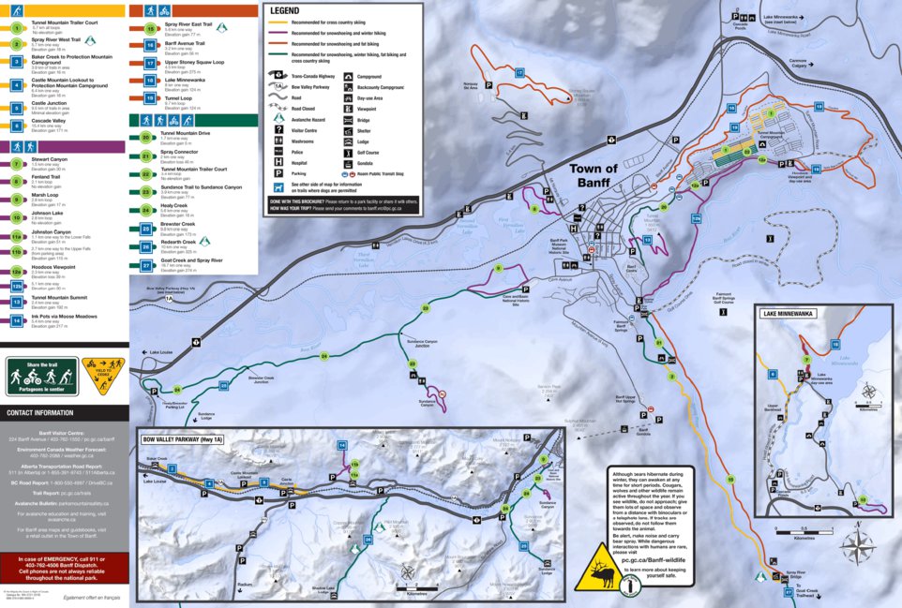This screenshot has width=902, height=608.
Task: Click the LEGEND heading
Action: [x=284, y=10]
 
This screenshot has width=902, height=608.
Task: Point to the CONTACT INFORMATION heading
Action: [x=40, y=412]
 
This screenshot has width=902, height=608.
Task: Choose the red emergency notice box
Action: [x=64, y=566]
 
